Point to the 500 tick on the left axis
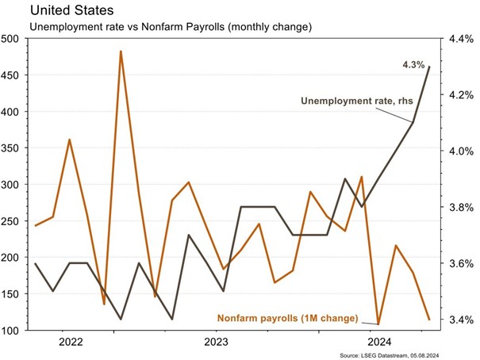[12, 38]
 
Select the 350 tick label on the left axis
[12, 147]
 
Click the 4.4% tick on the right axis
[463, 38]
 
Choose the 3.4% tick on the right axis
[463, 320]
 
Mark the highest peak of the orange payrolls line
[121, 52]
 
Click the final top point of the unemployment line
[429, 67]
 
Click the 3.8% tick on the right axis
[463, 207]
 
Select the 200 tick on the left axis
[12, 257]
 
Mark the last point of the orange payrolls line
[429, 320]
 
